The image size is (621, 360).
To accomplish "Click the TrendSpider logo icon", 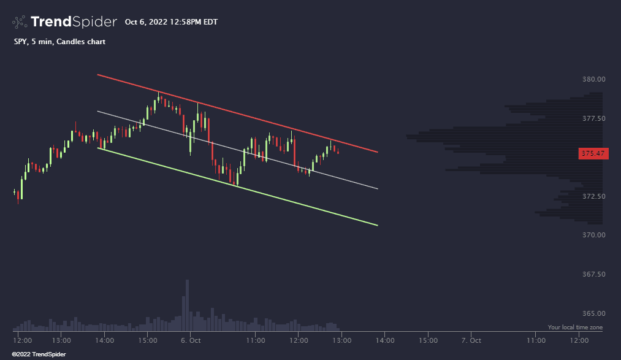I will point(20,22).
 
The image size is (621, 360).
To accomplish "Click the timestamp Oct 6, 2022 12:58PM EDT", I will point(171,22).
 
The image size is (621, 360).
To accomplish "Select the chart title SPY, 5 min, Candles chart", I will point(59,42).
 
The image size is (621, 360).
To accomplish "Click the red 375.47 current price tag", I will point(593,153).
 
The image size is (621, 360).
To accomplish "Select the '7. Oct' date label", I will point(471,340).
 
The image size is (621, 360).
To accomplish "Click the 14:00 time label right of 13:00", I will point(385,340).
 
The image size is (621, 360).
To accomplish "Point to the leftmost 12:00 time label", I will point(22,340).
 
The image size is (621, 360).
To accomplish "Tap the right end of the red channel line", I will point(377,151).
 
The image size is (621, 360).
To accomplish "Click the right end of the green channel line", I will point(377,225).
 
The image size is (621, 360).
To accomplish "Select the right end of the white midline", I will point(377,188).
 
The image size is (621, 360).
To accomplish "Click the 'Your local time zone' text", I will point(574,327).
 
